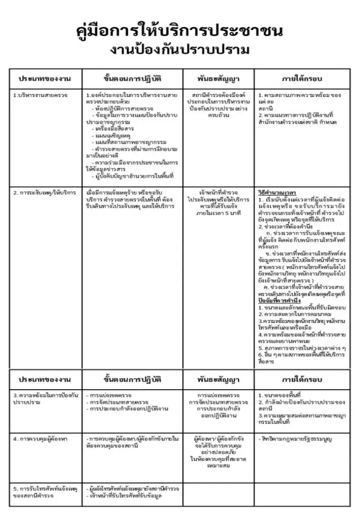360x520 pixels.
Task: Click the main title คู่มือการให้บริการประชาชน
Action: coord(180,31)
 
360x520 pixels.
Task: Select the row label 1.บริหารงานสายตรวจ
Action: coord(40,95)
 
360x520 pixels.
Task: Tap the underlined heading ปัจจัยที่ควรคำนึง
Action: coord(280,301)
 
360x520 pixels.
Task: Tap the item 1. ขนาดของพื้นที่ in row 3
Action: coord(280,395)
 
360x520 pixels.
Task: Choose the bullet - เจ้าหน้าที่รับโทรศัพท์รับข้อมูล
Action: coord(125,495)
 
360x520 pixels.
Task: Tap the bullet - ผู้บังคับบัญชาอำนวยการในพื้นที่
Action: coord(132,176)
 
